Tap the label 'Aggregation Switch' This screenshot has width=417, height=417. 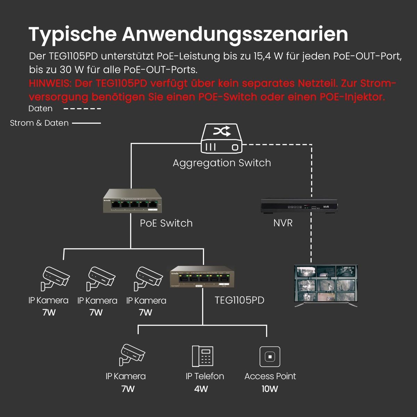click(222, 163)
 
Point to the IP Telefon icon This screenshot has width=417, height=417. click(203, 356)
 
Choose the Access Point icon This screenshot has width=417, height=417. click(270, 357)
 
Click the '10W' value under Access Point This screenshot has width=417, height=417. click(270, 389)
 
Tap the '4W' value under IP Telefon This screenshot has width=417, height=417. click(201, 389)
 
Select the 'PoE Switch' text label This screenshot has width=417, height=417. click(166, 223)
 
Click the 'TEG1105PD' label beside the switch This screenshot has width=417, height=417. click(239, 300)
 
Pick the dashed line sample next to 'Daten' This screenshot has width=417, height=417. click(82, 109)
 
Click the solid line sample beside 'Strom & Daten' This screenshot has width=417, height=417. click(86, 123)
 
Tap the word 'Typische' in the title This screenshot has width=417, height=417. click(73, 34)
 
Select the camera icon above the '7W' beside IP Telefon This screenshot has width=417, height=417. click(132, 354)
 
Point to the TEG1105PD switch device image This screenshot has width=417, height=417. click(202, 277)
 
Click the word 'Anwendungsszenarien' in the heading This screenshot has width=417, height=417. click(235, 34)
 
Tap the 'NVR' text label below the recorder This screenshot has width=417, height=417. click(283, 223)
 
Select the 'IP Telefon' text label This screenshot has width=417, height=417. click(205, 376)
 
